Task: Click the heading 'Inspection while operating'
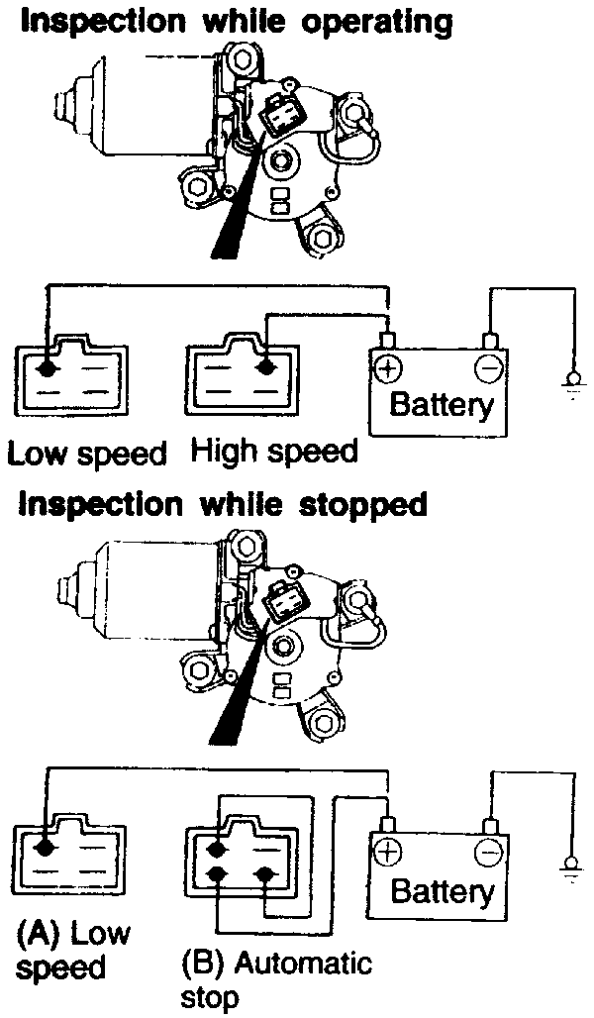pyautogui.click(x=237, y=21)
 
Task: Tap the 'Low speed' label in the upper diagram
pyautogui.click(x=87, y=454)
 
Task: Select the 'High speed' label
pyautogui.click(x=274, y=452)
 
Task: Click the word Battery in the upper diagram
pyautogui.click(x=441, y=404)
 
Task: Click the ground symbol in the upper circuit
pyautogui.click(x=572, y=381)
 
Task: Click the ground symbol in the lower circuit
pyautogui.click(x=572, y=867)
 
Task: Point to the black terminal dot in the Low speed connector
pyautogui.click(x=46, y=368)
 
